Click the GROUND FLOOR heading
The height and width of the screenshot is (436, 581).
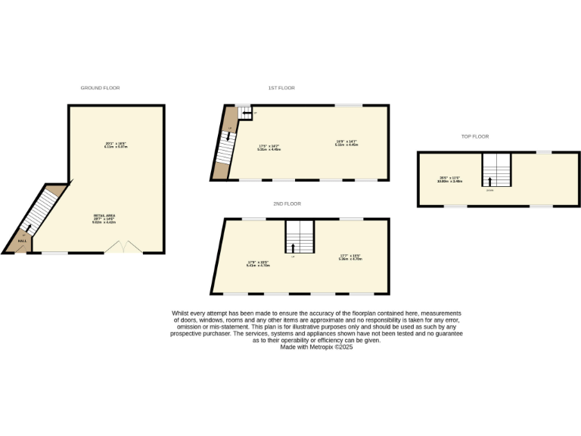pos(100,88)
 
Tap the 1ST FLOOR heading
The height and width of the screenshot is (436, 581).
pos(281,88)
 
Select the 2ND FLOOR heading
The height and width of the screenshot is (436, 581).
pos(287,204)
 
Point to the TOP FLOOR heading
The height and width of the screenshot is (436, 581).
pos(475,136)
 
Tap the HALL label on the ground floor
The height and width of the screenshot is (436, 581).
pos(22,241)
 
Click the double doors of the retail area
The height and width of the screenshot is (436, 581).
pos(122,247)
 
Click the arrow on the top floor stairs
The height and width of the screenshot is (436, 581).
pos(490,181)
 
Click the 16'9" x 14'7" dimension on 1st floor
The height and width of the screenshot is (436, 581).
pos(346,142)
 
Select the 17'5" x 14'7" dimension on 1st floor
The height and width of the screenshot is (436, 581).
pos(269,148)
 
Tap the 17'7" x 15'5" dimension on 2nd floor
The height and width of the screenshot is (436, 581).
pos(351,257)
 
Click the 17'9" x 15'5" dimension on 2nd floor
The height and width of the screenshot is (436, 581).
pos(258,263)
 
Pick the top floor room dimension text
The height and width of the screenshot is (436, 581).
pos(449,179)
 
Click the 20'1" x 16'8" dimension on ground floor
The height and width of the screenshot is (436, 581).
pos(115,145)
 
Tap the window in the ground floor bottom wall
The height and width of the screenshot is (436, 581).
pos(54,253)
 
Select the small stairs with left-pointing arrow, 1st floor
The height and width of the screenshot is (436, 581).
pos(244,113)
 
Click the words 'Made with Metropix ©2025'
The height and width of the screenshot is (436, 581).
pos(316,347)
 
